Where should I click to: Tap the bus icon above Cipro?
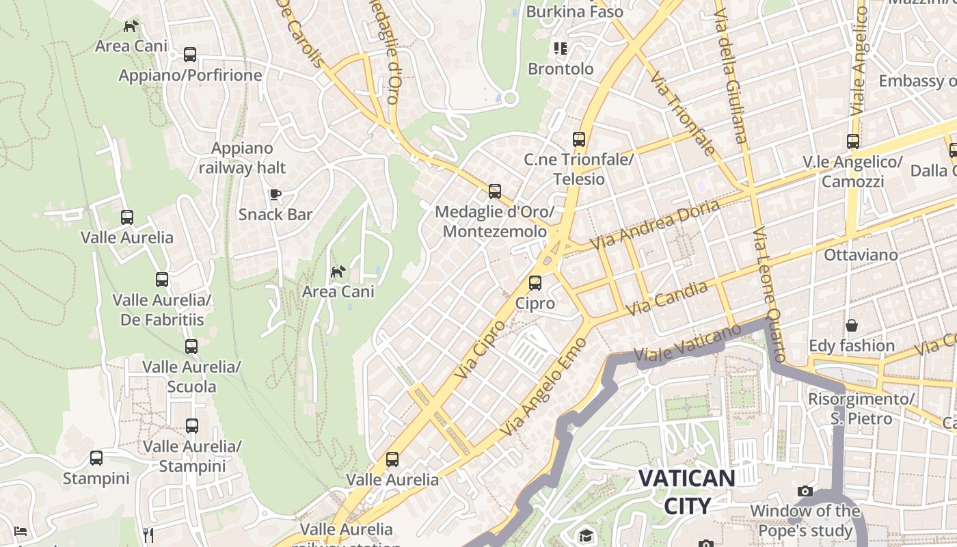535,282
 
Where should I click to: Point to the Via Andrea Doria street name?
656,224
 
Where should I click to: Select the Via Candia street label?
666,298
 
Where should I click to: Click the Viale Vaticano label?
687,343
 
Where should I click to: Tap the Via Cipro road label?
480,349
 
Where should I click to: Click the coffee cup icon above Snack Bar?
275,195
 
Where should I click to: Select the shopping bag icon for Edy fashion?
852,325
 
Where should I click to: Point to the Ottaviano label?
861,255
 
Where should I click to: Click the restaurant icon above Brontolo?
561,49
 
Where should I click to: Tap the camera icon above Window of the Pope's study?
805,491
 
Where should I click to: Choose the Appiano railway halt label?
242,158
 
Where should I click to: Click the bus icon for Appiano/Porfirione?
190,55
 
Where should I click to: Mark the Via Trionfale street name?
683,113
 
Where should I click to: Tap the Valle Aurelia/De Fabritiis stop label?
162,310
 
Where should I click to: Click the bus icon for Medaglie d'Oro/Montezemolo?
495,191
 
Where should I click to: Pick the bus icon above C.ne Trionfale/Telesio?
579,139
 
